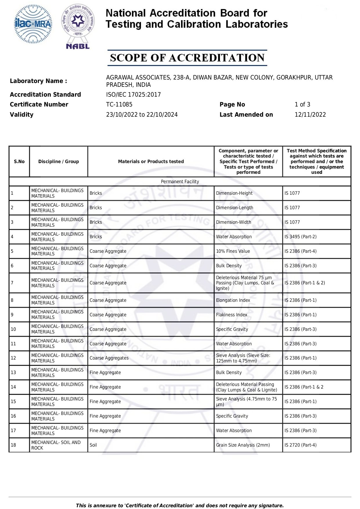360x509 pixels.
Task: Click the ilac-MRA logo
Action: [33, 24]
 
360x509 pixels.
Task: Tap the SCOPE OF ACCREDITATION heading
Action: [187, 58]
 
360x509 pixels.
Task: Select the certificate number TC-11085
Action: [119, 104]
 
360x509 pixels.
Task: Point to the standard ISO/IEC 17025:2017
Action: [133, 95]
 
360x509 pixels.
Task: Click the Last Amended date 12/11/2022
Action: [310, 115]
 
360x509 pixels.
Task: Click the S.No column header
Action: [19, 162]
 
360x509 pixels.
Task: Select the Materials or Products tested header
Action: [151, 162]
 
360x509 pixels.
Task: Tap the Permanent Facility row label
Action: [180, 182]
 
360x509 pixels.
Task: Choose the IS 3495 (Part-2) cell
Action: [301, 237]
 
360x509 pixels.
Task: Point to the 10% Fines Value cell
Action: [233, 251]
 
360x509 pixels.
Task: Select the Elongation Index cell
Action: [233, 300]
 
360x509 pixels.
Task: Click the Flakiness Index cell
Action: [231, 315]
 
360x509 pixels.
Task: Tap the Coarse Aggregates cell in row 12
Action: [109, 358]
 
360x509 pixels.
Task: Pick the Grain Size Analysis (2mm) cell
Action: [243, 445]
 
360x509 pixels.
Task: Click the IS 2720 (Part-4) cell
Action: [301, 445]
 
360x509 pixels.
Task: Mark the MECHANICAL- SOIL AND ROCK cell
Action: [56, 445]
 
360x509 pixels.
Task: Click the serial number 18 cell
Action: [13, 445]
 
